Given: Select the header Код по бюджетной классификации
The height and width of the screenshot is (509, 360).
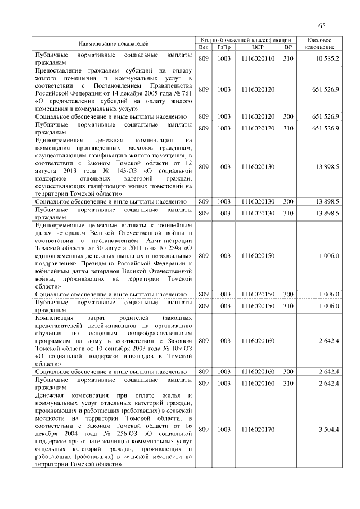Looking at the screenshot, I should point(246,40).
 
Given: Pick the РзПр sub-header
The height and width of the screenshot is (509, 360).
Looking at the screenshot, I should point(224,47).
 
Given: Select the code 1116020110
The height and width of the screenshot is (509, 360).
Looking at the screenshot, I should point(258,58).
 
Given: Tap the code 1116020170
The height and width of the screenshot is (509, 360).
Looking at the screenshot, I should point(258,430).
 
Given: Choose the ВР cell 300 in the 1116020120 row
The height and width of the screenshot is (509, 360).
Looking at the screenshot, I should point(289,116).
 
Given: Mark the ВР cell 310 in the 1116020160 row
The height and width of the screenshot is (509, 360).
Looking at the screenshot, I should point(289,384).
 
